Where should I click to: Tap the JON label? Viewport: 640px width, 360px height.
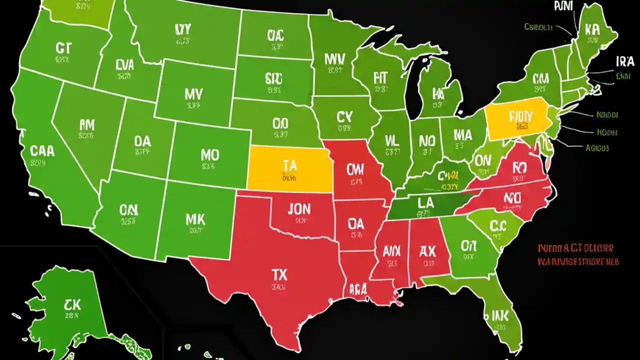(x=299, y=208)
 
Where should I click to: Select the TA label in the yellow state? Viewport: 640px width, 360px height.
(x=289, y=165)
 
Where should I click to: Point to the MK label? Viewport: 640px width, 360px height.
(x=198, y=218)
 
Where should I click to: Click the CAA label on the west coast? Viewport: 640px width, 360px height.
(x=42, y=150)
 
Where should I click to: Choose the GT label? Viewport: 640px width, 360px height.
(x=63, y=48)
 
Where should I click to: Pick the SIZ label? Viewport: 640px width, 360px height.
(x=273, y=78)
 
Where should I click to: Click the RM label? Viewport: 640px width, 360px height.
(x=86, y=124)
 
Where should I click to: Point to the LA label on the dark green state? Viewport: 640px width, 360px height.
(x=425, y=202)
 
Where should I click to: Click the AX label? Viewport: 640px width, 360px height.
(x=428, y=250)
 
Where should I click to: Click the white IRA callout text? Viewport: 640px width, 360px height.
(x=624, y=61)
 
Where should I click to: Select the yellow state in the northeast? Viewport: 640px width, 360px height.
(x=515, y=119)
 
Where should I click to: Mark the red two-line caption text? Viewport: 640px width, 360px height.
(x=578, y=254)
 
